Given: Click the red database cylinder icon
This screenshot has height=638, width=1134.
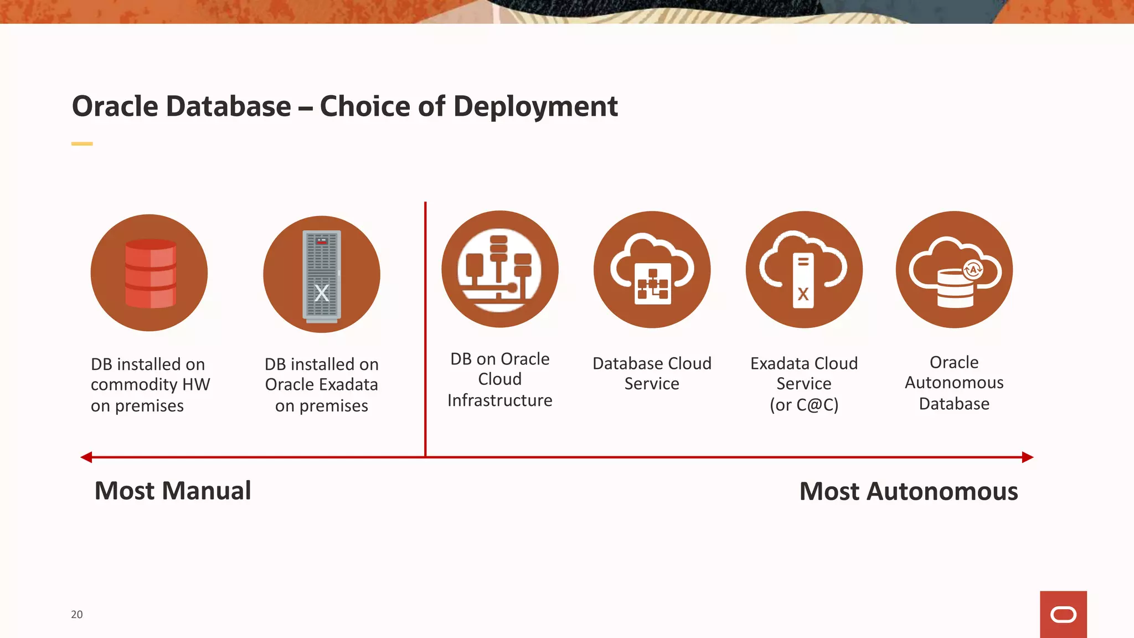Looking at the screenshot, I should pos(150,274).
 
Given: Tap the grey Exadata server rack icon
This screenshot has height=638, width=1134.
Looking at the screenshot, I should pos(322,275).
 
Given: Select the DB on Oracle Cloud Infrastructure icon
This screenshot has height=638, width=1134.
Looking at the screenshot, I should pos(499,269).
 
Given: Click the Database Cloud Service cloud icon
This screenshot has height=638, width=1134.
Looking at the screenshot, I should pos(652,270).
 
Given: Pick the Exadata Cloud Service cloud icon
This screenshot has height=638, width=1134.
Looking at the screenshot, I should pos(803,270).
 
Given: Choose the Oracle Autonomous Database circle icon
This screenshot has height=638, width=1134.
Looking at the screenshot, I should pos(954,270).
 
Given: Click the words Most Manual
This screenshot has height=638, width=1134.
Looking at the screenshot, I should pos(173,491).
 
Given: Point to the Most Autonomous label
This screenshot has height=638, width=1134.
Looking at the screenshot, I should pos(908,491).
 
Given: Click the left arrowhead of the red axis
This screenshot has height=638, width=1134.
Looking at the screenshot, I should pos(86,457).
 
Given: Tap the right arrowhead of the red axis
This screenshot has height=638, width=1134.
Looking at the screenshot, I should pos(1028,457).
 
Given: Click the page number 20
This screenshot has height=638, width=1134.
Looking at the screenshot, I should pos(76,614).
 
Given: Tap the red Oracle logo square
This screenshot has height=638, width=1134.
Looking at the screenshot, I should pos(1063,614).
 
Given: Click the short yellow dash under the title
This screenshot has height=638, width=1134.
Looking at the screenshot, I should pos(82,144).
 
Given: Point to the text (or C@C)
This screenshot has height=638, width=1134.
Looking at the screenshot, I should pos(803,405).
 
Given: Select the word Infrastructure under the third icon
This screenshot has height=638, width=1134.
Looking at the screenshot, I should pos(499,400).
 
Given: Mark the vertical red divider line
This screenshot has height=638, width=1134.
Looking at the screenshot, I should pos(425,332).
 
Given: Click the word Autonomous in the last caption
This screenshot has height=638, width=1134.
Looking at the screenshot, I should pos(954,383).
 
